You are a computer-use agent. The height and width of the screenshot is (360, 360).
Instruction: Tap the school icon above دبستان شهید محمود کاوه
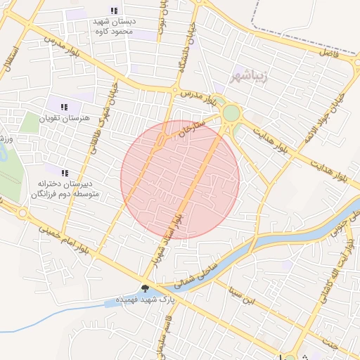point(115,11)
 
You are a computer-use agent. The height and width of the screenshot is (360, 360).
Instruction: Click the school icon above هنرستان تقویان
point(64,108)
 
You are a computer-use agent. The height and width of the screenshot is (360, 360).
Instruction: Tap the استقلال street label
point(10,60)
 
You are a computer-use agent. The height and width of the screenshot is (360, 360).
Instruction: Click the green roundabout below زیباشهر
point(231,113)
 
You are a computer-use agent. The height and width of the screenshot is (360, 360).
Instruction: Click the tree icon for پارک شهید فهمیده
point(145,288)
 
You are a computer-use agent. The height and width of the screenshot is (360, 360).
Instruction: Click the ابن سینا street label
point(247,295)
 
